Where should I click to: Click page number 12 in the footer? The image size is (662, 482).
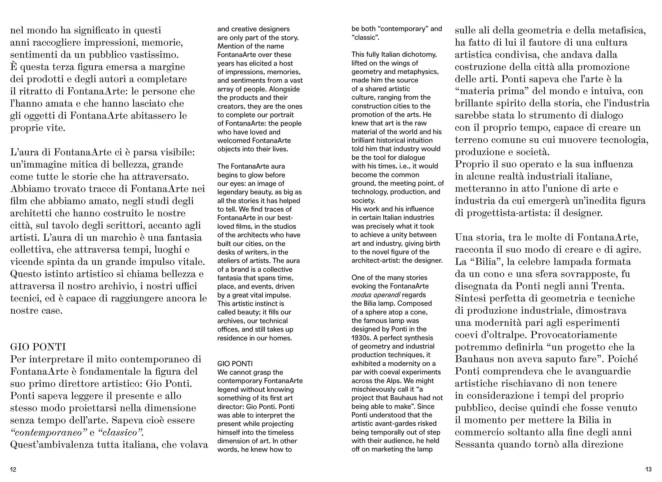point(13,470)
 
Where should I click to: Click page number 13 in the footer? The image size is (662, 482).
point(648,470)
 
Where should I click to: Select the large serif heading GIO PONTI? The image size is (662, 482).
point(38,347)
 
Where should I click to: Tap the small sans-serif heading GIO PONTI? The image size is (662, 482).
point(235,364)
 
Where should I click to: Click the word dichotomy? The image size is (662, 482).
point(421,54)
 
